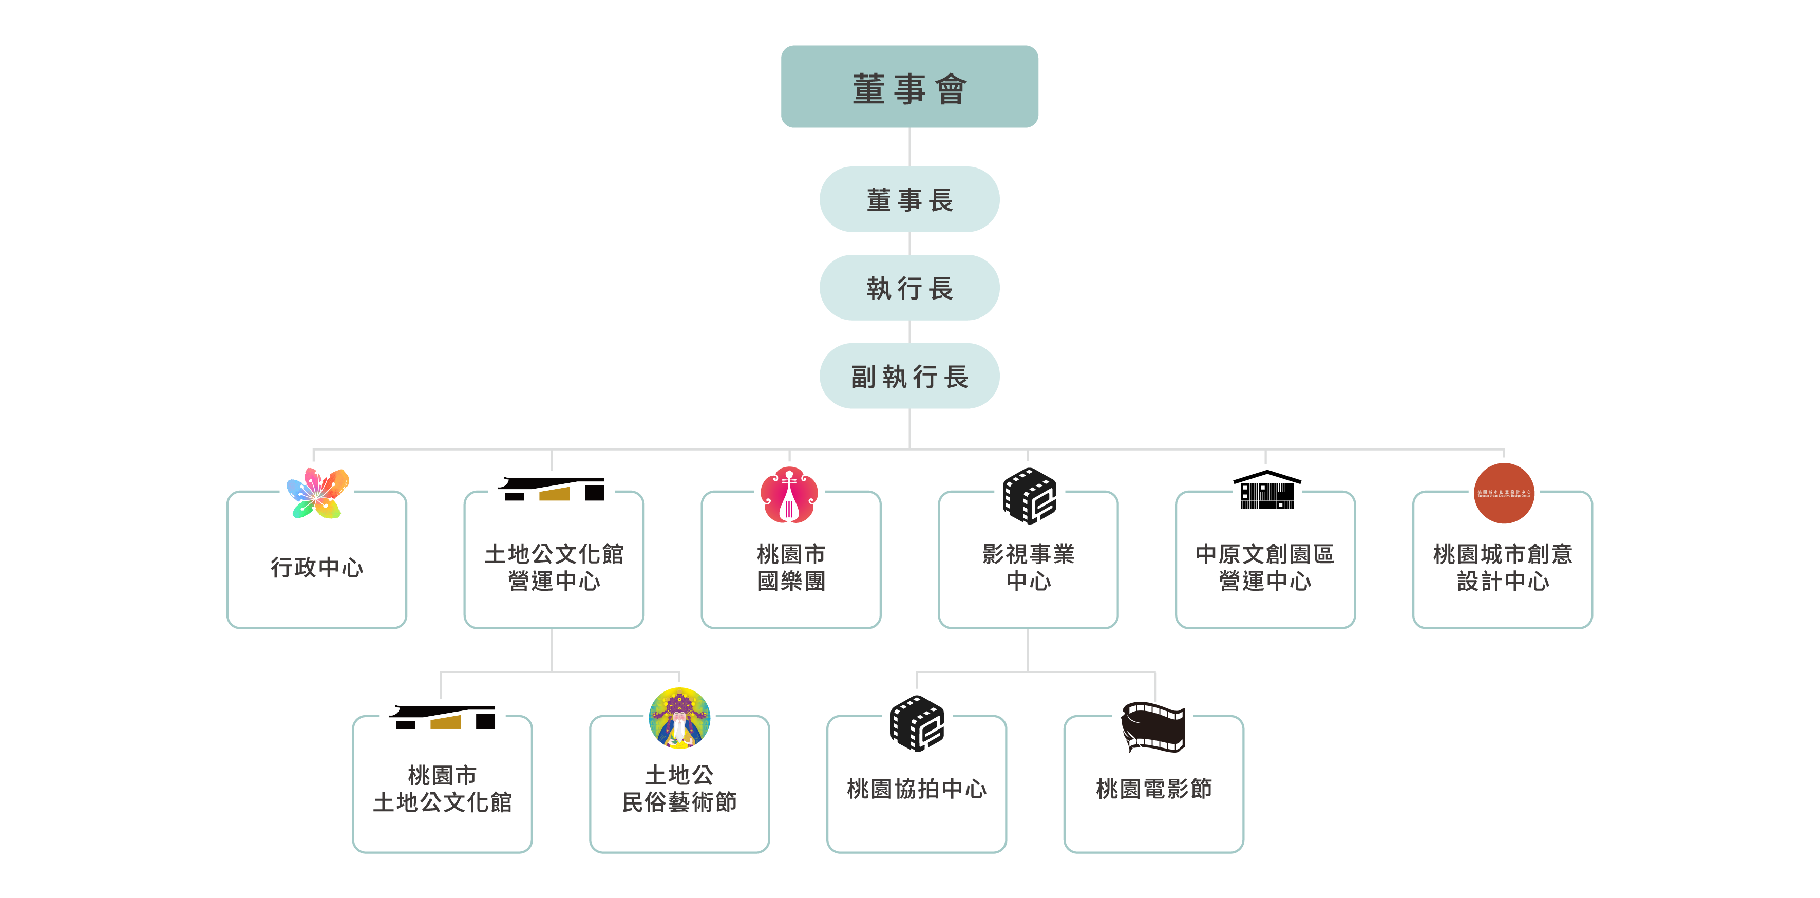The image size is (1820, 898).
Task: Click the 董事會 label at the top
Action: tap(909, 90)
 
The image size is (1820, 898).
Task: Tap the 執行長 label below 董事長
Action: tap(910, 289)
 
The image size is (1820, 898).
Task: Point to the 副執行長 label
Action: tap(909, 377)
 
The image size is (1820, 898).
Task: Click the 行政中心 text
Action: tap(316, 567)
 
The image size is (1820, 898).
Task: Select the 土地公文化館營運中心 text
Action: tap(554, 567)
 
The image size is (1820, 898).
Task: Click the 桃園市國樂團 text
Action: tap(791, 567)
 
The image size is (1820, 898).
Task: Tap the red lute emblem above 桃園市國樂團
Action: tap(789, 495)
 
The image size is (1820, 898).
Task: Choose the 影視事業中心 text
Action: tap(1028, 567)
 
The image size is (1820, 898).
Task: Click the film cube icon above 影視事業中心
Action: tap(1030, 496)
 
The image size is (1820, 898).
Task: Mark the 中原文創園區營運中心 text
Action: tap(1265, 567)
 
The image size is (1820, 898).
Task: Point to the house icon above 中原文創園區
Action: tap(1267, 490)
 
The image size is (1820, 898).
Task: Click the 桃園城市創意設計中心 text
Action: tap(1503, 567)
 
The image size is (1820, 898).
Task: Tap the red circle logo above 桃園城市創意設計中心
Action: tap(1504, 493)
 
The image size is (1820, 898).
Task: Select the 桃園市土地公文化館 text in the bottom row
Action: tap(442, 789)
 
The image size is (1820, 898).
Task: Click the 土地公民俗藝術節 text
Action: tap(679, 789)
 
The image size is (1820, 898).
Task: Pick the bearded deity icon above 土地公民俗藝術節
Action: tap(679, 718)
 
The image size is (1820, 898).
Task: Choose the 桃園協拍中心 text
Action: tap(916, 789)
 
